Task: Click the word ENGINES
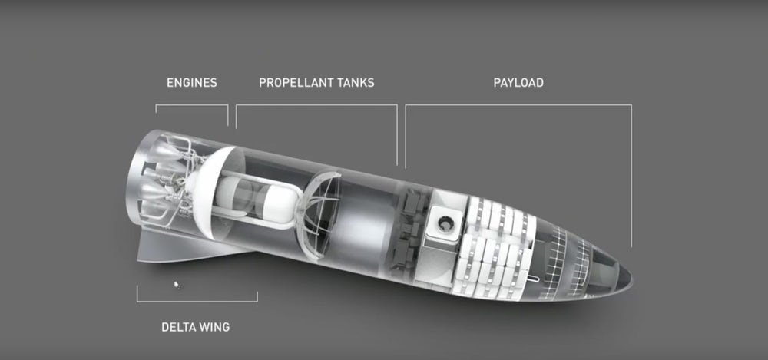tap(191, 83)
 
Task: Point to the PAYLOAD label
tap(518, 83)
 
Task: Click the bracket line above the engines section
tap(192, 105)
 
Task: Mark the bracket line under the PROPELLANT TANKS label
tap(316, 105)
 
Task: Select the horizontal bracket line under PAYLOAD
tap(518, 105)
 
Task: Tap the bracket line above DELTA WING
tap(197, 301)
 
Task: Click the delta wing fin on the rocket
tap(186, 247)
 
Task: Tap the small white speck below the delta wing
tap(177, 284)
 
